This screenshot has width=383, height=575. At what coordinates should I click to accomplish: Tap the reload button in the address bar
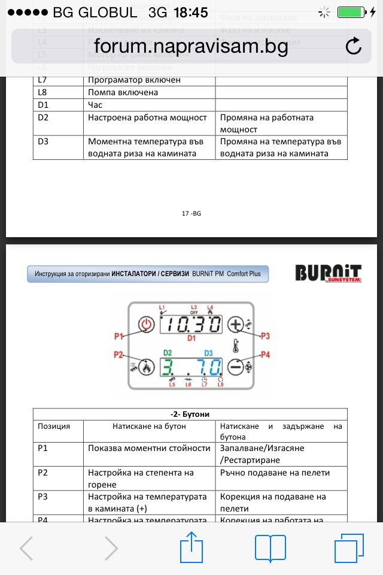354,46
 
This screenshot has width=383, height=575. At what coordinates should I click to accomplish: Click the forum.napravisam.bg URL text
191,47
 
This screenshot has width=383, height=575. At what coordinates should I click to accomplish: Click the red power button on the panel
145,325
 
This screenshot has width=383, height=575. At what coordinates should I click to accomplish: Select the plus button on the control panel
237,324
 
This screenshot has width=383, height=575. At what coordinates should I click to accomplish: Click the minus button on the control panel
237,365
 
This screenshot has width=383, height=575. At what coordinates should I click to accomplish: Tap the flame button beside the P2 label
145,366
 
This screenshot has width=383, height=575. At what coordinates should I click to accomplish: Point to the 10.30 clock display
192,325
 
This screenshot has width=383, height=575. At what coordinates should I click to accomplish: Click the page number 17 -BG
191,213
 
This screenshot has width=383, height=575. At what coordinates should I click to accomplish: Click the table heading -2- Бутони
190,414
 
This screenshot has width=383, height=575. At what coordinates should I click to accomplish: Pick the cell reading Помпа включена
123,92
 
